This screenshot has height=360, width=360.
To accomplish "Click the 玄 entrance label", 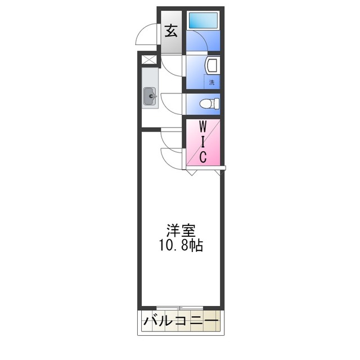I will pos(171,30).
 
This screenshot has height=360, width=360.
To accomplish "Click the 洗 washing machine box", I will pos(212,82).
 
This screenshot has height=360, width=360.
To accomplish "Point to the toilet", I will pos(209,103).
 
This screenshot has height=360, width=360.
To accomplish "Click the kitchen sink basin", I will pos(151,97).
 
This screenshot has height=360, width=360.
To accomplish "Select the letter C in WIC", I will pos(204,157).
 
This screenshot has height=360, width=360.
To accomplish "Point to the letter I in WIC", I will pos(204,141).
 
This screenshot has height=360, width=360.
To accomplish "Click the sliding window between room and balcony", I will pos(180,307).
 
